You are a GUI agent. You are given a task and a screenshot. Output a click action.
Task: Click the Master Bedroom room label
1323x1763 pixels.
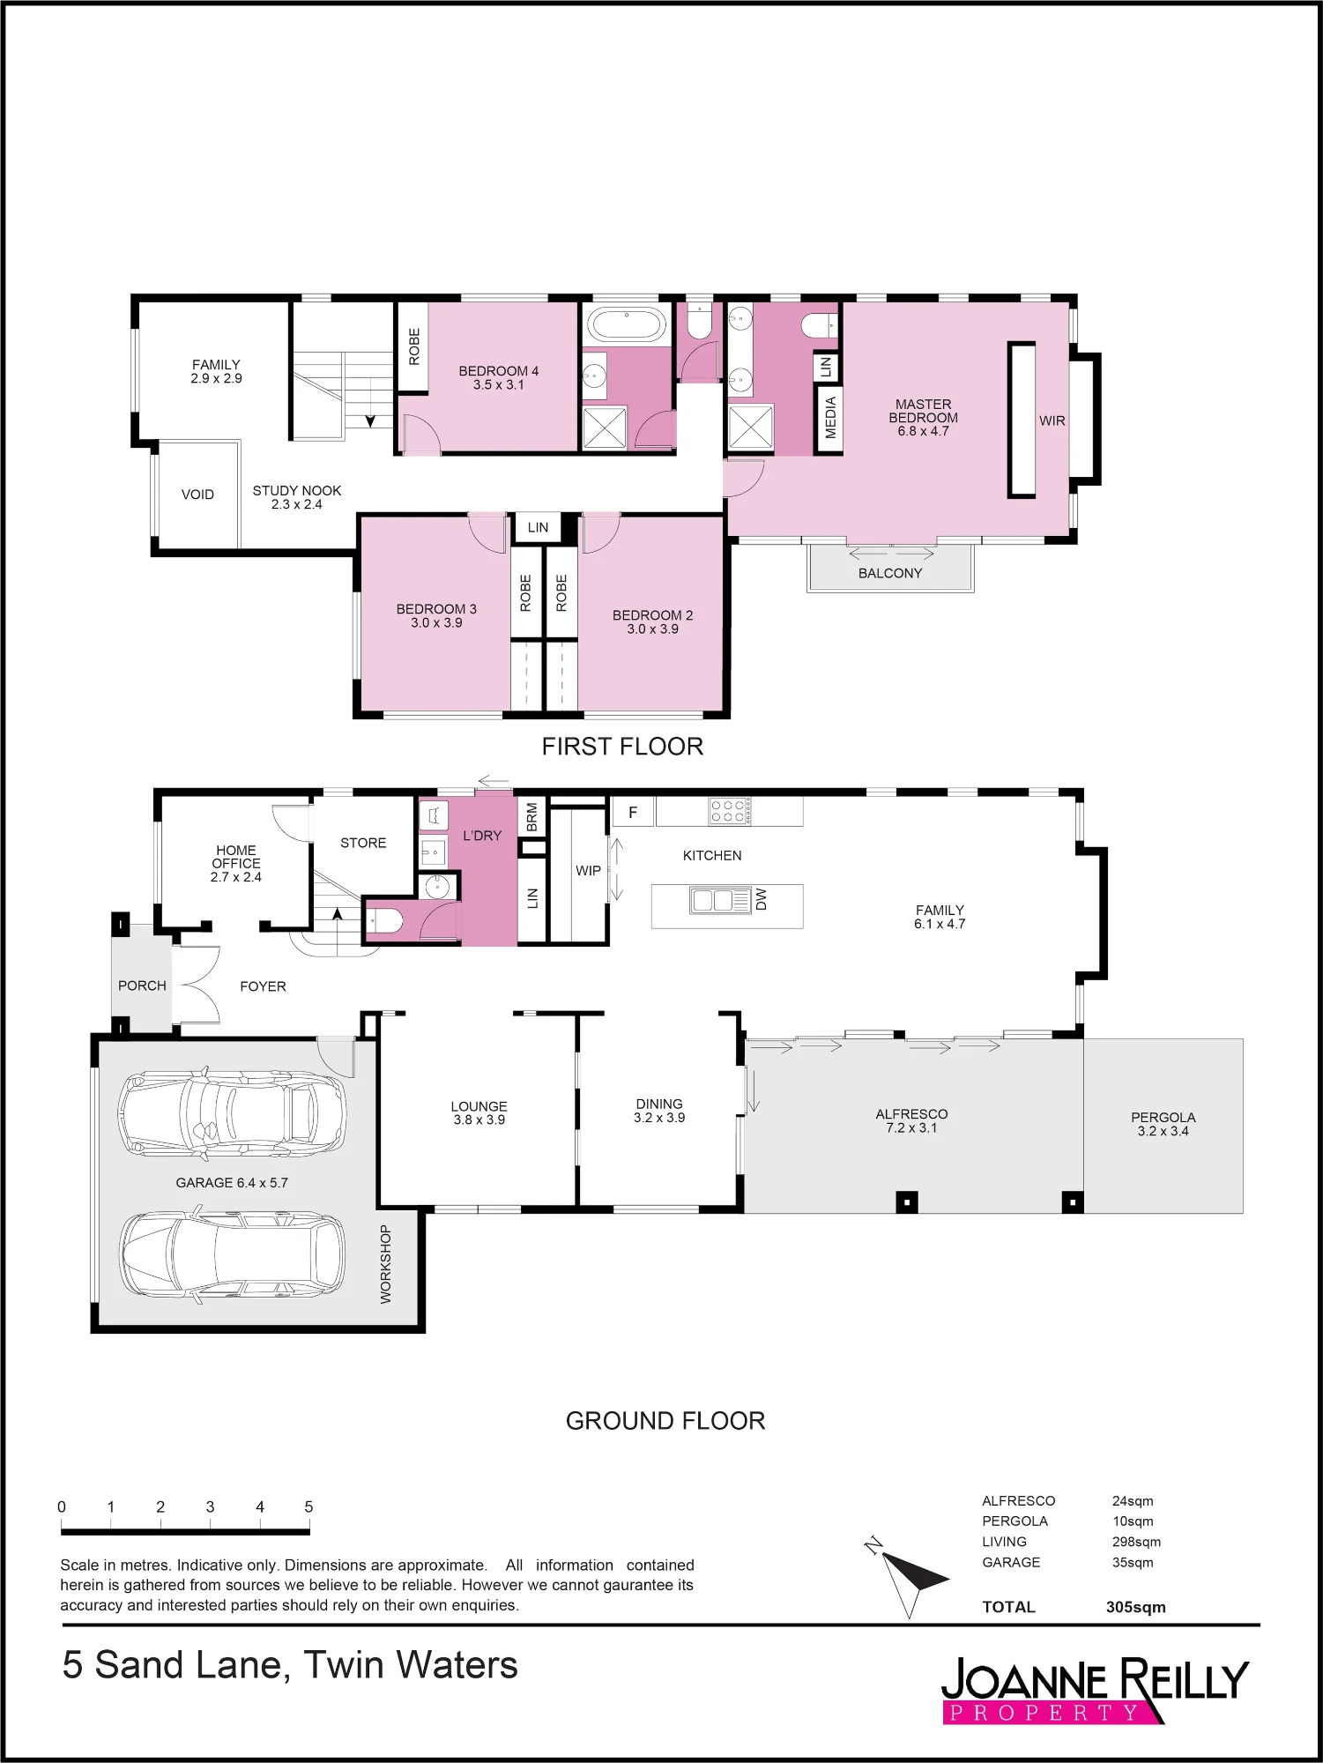[x=923, y=418]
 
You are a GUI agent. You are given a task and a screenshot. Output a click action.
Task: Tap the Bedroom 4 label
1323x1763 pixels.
[x=498, y=378]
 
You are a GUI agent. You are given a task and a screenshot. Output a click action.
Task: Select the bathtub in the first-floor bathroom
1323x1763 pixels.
[x=627, y=324]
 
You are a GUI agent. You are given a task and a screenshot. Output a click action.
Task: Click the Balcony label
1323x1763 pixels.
[x=890, y=573]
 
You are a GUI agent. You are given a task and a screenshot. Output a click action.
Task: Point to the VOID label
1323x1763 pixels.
[x=197, y=495]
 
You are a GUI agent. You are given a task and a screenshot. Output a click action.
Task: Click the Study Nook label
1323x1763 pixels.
[x=297, y=497]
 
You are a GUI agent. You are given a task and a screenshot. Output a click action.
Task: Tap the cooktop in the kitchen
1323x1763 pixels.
[x=730, y=811]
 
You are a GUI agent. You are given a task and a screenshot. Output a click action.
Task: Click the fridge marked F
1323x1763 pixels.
[x=633, y=813]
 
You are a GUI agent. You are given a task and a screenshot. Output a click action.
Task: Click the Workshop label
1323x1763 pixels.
[x=386, y=1264]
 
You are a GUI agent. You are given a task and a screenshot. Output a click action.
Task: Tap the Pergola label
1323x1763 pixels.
[x=1163, y=1124]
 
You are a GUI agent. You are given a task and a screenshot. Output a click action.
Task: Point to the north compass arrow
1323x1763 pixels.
[x=907, y=1577]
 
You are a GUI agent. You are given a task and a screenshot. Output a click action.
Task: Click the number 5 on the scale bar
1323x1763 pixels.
[x=308, y=1506]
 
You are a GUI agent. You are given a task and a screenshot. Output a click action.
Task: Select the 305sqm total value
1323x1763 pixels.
[x=1135, y=1607]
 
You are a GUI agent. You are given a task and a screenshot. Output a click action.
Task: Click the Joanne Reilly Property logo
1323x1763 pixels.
[x=1096, y=1691]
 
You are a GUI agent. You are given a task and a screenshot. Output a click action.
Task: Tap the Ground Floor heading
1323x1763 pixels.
[x=665, y=1420]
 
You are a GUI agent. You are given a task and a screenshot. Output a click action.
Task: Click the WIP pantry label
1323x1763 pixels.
[x=588, y=870]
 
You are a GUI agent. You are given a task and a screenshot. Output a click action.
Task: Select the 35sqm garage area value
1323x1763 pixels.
[x=1133, y=1562]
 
